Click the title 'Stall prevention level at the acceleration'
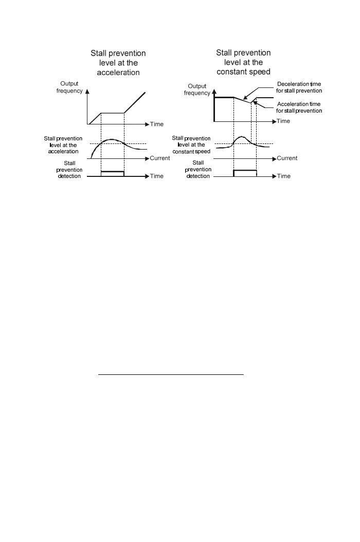pyautogui.click(x=118, y=63)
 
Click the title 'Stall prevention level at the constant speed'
pyautogui.click(x=243, y=62)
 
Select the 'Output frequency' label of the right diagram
pyautogui.click(x=197, y=89)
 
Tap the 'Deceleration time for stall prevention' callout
pyautogui.click(x=299, y=87)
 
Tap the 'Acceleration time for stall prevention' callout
pyautogui.click(x=299, y=107)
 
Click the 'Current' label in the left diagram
pyautogui.click(x=159, y=158)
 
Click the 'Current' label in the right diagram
pyautogui.click(x=287, y=158)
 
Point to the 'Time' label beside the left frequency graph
pyautogui.click(x=157, y=124)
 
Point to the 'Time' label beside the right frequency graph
pyautogui.click(x=283, y=121)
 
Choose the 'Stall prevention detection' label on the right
pyautogui.click(x=197, y=170)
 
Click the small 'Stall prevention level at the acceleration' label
pyautogui.click(x=62, y=145)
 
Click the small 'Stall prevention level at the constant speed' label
pyautogui.click(x=191, y=145)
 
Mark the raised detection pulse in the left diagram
pyautogui.click(x=113, y=171)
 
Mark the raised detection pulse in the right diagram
pyautogui.click(x=245, y=170)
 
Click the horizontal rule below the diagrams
pyautogui.click(x=170, y=375)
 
